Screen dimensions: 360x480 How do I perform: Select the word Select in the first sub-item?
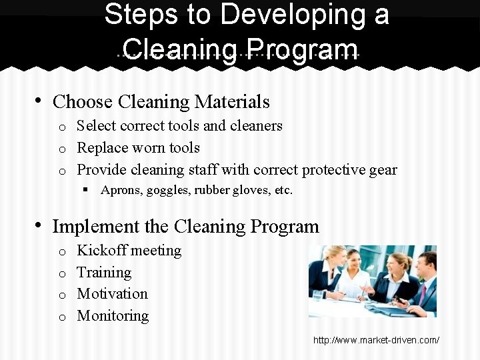tap(95, 126)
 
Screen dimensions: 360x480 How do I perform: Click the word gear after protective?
tap(382, 169)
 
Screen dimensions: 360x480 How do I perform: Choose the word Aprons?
tap(116, 191)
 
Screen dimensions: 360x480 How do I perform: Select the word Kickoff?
tap(101, 251)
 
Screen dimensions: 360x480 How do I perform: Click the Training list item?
tap(104, 272)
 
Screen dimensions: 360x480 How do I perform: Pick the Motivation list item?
tap(112, 293)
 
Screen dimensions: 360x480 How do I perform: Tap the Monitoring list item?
tap(113, 315)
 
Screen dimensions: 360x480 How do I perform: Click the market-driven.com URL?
tap(376, 341)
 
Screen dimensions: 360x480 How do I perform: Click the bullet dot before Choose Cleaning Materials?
tap(39, 101)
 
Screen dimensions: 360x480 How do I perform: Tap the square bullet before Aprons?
tap(87, 191)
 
